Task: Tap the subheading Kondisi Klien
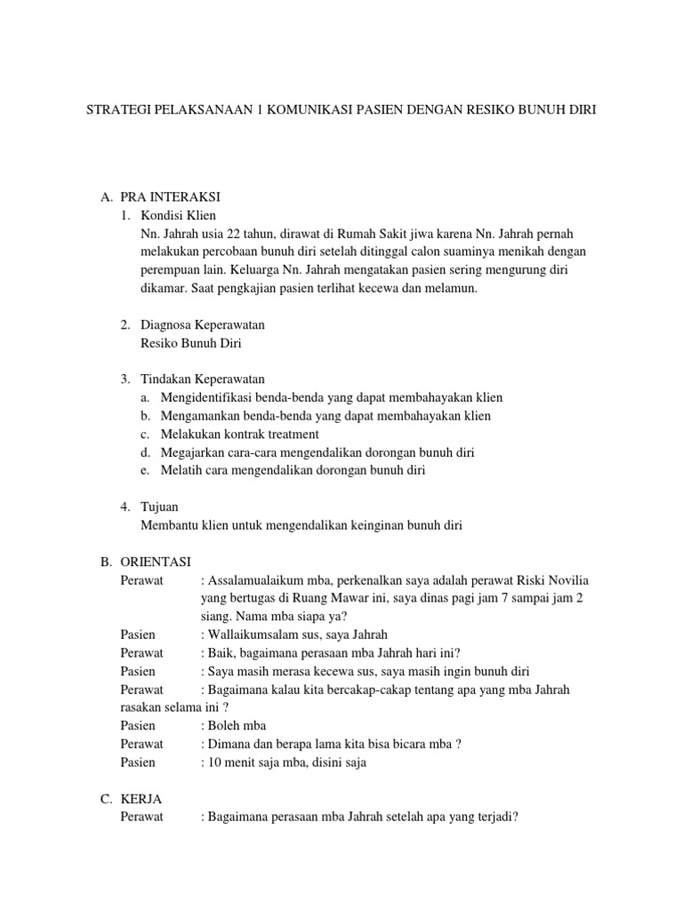tap(178, 215)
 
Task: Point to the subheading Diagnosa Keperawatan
tap(203, 325)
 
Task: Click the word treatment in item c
tap(287, 434)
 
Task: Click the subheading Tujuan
tap(160, 507)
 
